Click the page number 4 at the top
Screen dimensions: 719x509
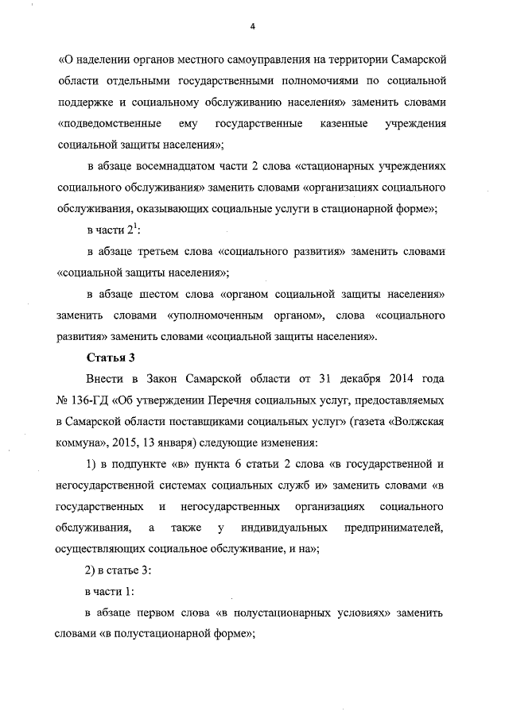[x=252, y=27]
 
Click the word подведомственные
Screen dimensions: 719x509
[x=107, y=125]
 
